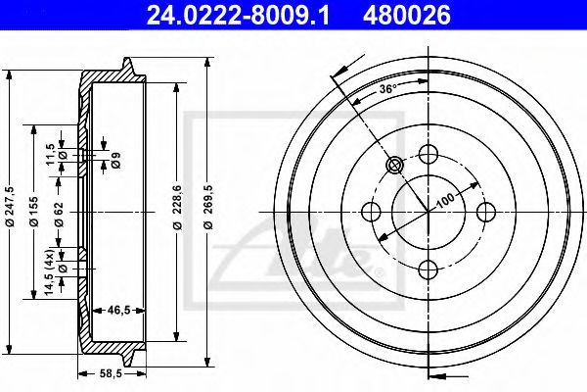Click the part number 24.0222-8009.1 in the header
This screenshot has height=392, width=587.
pyautogui.click(x=238, y=16)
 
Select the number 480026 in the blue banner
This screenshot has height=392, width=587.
pyautogui.click(x=407, y=16)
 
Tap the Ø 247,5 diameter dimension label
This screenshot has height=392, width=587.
pyautogui.click(x=10, y=207)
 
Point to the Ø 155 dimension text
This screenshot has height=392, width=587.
pyautogui.click(x=33, y=212)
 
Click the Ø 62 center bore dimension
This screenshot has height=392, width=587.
pyautogui.click(x=59, y=215)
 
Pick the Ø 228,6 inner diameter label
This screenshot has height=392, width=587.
pyautogui.click(x=177, y=207)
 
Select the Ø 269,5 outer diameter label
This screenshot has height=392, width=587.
pyautogui.click(x=207, y=207)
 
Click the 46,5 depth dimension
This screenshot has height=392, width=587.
pyautogui.click(x=118, y=311)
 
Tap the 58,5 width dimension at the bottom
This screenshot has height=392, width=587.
pyautogui.click(x=112, y=373)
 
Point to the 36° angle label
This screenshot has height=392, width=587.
pyautogui.click(x=387, y=89)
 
